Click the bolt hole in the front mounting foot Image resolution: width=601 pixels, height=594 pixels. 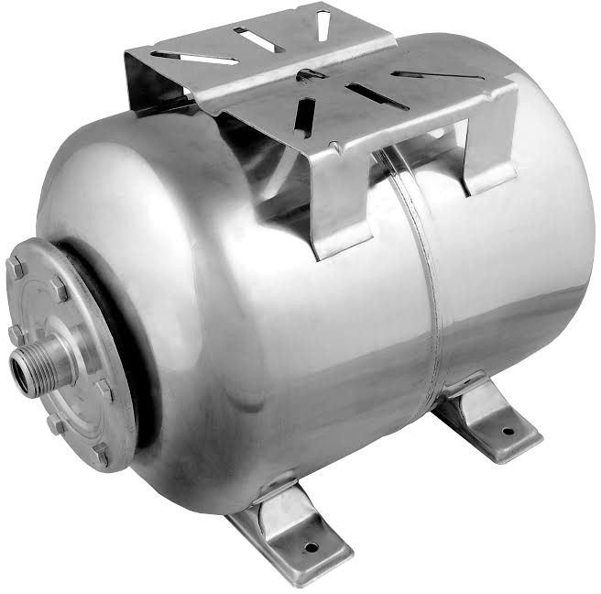tap(310, 547)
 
